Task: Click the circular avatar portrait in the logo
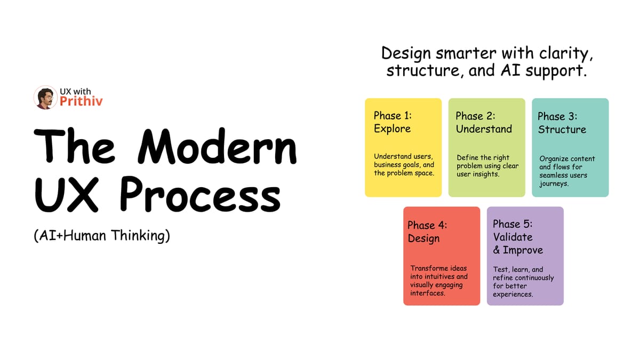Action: tap(45, 98)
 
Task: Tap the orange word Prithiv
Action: tap(81, 101)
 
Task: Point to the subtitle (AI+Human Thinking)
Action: tap(101, 236)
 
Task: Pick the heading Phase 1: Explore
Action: tap(393, 122)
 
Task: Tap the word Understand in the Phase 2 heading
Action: tap(483, 129)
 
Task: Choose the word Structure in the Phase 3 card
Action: tap(562, 130)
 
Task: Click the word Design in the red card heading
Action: tap(423, 238)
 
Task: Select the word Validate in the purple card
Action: tap(513, 237)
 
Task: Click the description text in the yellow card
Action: tap(404, 165)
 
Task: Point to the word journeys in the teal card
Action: tap(555, 184)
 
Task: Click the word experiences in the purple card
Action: tap(513, 294)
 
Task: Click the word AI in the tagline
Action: tap(510, 70)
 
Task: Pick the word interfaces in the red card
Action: tap(427, 293)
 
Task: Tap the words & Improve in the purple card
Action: tap(518, 250)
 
